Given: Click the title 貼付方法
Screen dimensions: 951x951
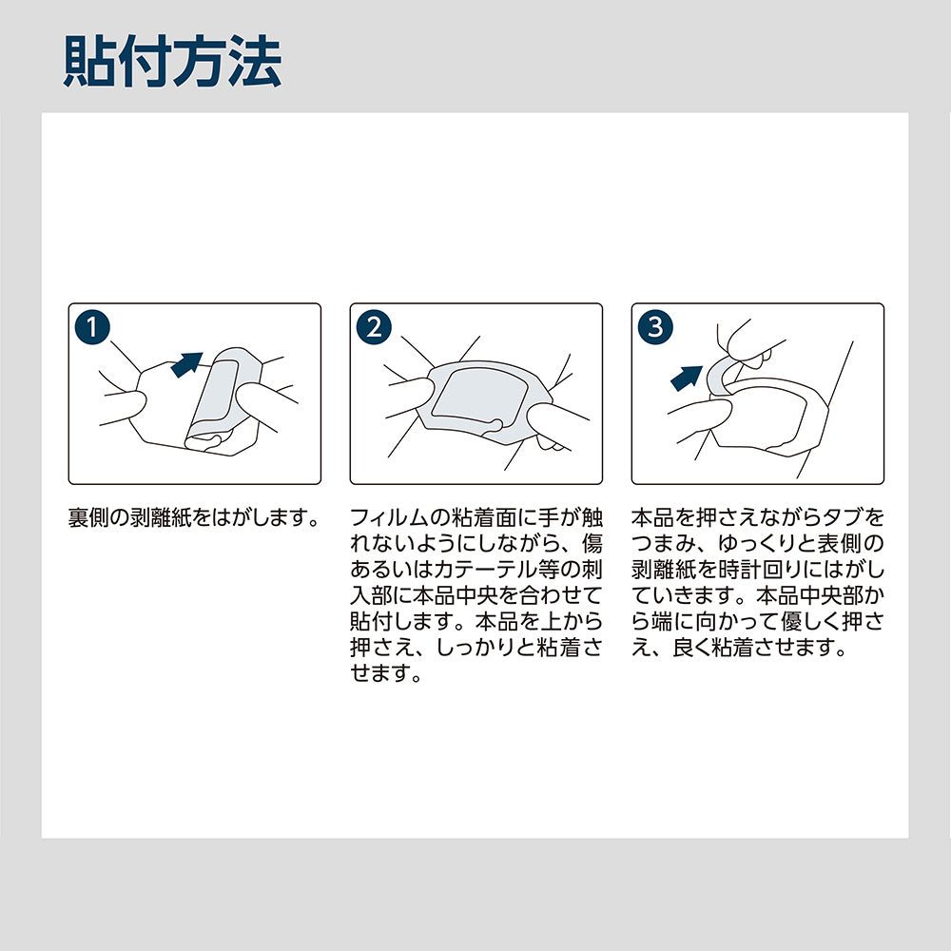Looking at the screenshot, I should tap(172, 63).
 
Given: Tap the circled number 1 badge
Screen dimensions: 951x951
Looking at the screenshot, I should tap(92, 327).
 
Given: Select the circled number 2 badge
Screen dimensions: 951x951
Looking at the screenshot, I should tap(374, 327).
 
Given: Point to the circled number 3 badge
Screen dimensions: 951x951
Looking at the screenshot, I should tap(655, 327).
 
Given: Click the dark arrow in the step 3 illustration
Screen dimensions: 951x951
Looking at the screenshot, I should tap(689, 377).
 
